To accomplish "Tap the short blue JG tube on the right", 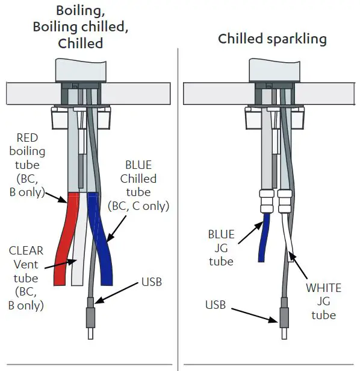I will (262, 238).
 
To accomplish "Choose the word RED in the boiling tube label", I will (28, 136).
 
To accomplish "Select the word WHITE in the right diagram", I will (323, 288).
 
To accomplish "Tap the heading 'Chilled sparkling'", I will (272, 39).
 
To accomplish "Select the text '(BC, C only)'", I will (138, 206).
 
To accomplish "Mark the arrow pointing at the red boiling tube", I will (57, 197).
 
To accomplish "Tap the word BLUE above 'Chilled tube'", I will (138, 164).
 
